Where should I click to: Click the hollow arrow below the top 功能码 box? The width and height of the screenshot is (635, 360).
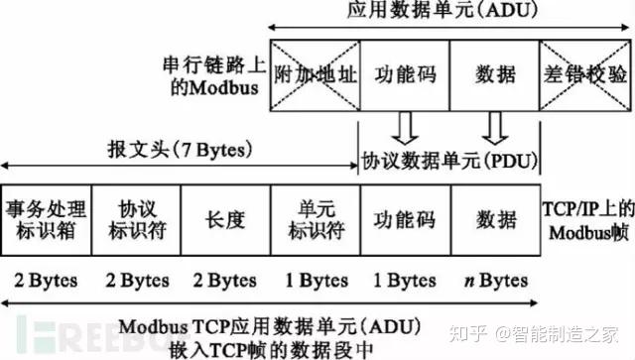404,127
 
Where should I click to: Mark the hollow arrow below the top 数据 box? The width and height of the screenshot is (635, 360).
494,127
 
